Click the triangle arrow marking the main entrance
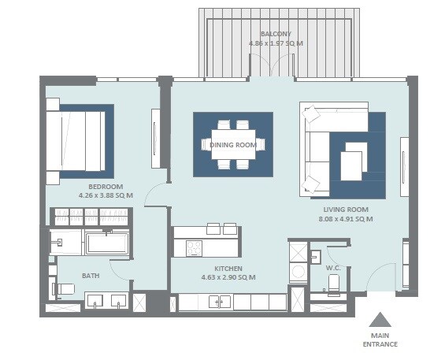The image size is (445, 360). [x=380, y=320]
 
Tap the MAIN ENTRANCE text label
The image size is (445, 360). [x=380, y=339]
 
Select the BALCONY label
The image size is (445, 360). [x=276, y=34]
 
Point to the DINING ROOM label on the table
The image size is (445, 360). [x=233, y=145]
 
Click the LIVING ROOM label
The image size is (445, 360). [x=347, y=209]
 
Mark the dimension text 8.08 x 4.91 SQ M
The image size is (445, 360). [x=347, y=219]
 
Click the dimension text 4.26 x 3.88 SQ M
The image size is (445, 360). [x=106, y=195]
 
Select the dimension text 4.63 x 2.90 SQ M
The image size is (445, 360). [x=228, y=277]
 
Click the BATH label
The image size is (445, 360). [x=90, y=276]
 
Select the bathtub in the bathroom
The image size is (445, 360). [x=106, y=243]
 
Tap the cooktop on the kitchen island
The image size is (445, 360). [x=194, y=247]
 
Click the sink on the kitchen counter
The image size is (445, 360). [x=220, y=302]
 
